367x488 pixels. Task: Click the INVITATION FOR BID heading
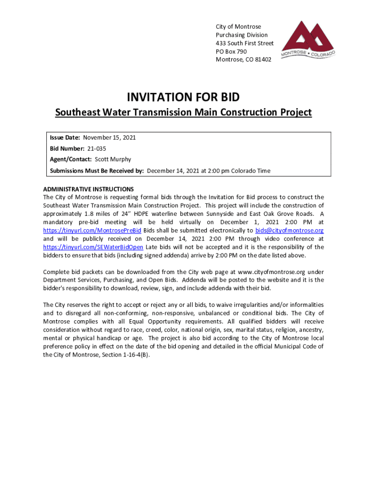point(183,98)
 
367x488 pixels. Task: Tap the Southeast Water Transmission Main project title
point(183,112)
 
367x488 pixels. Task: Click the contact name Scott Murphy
point(113,159)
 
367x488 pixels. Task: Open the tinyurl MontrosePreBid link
point(92,231)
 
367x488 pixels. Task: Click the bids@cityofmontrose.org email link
point(289,231)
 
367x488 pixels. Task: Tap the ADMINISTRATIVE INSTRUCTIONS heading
point(89,189)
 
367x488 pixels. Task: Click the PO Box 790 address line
point(231,51)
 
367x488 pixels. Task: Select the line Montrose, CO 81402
point(244,60)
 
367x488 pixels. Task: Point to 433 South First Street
point(245,43)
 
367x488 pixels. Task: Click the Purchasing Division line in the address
point(242,35)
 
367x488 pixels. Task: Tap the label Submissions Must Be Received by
point(97,171)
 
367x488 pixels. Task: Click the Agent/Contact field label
point(71,159)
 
